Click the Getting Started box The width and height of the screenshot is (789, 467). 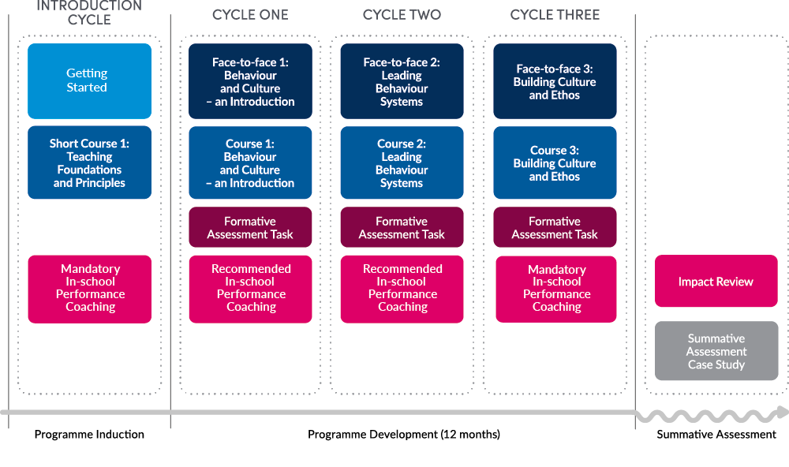(x=89, y=80)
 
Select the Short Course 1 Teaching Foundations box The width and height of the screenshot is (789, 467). (x=89, y=163)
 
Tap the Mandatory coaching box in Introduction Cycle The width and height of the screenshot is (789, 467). (x=89, y=289)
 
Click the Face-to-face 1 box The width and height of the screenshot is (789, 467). (x=250, y=81)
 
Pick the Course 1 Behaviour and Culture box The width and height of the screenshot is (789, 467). (x=250, y=163)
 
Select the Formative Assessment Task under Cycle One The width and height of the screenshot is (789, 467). (x=250, y=227)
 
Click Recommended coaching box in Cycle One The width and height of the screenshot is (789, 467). (x=250, y=289)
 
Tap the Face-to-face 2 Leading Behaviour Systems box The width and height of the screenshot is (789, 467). (x=402, y=81)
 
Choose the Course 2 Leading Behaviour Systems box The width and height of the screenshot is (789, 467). (x=402, y=163)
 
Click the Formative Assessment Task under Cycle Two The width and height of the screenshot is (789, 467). (x=402, y=227)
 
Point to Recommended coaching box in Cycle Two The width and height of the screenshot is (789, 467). (x=402, y=289)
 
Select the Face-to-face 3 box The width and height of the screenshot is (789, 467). (x=555, y=81)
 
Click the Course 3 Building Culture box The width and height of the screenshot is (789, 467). (x=555, y=163)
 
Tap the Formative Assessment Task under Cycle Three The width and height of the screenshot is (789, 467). (x=555, y=227)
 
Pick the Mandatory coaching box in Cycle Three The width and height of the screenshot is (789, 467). (x=556, y=289)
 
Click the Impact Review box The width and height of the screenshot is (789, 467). (x=716, y=282)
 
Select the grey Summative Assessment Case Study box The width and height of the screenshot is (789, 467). (x=716, y=351)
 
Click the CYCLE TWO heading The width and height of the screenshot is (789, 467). (x=402, y=15)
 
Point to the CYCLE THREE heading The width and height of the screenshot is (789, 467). (x=555, y=15)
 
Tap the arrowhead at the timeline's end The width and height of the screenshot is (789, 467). (x=781, y=412)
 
